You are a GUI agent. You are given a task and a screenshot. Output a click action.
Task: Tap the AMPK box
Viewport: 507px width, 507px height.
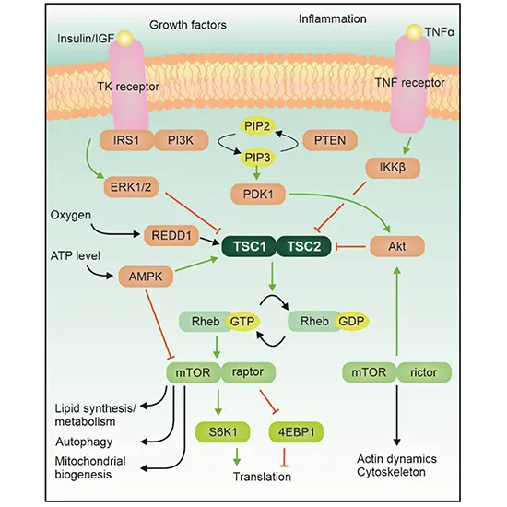tap(145, 275)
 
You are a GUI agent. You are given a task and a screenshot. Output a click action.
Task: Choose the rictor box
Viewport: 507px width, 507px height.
tap(424, 372)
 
